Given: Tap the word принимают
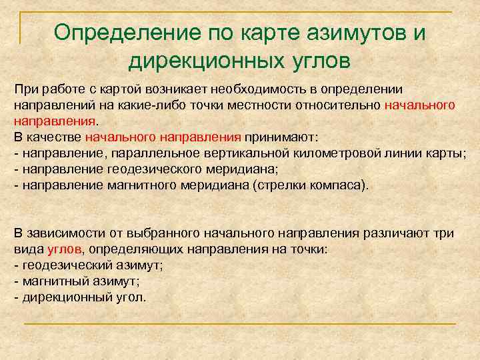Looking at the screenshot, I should (x=281, y=138).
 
